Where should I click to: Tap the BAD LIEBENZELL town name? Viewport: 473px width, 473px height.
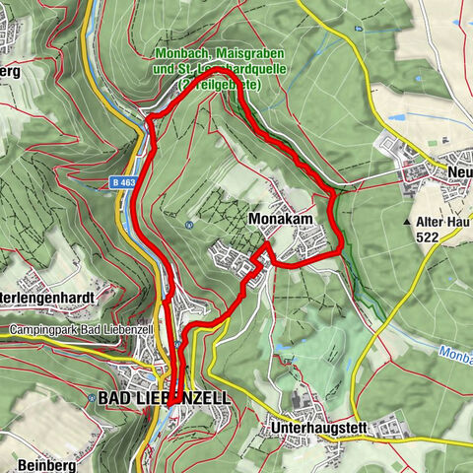pyautogui.click(x=165, y=397)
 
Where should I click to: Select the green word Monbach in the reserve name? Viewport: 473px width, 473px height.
pyautogui.click(x=179, y=53)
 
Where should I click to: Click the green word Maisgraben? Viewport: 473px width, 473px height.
pyautogui.click(x=240, y=53)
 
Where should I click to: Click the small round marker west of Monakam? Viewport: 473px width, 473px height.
pyautogui.click(x=187, y=224)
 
